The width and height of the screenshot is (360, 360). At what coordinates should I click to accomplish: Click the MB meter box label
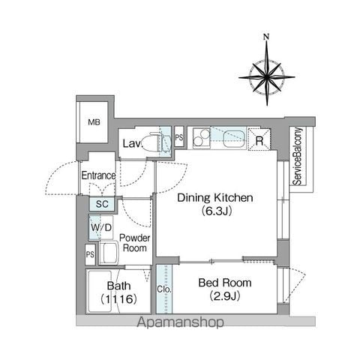94,122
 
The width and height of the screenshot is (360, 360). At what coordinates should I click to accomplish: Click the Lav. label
133,144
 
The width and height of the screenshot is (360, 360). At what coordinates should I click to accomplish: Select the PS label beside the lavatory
179,137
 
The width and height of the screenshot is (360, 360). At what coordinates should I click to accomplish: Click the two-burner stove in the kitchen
202,138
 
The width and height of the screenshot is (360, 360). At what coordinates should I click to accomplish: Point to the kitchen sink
234,139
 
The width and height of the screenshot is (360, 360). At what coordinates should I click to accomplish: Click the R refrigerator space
259,139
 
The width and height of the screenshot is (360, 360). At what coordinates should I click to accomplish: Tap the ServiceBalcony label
298,157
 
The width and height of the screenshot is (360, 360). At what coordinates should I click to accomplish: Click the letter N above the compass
267,37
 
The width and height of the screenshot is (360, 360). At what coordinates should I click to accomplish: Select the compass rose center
267,77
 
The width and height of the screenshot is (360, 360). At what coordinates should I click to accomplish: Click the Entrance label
98,175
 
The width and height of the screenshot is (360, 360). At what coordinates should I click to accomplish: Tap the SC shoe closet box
102,203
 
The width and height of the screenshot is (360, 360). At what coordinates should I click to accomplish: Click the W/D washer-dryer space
101,227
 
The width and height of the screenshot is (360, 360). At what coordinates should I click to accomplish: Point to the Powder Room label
134,243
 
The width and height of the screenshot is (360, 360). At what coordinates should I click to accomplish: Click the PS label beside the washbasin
90,255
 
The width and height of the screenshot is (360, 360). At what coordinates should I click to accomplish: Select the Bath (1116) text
119,292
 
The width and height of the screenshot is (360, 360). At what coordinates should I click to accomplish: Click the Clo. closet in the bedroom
164,289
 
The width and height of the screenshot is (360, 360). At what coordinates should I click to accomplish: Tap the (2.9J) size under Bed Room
225,296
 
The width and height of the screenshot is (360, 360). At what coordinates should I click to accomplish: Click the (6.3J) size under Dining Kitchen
217,211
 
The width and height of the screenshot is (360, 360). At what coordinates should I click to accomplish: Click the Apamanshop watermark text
180,322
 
